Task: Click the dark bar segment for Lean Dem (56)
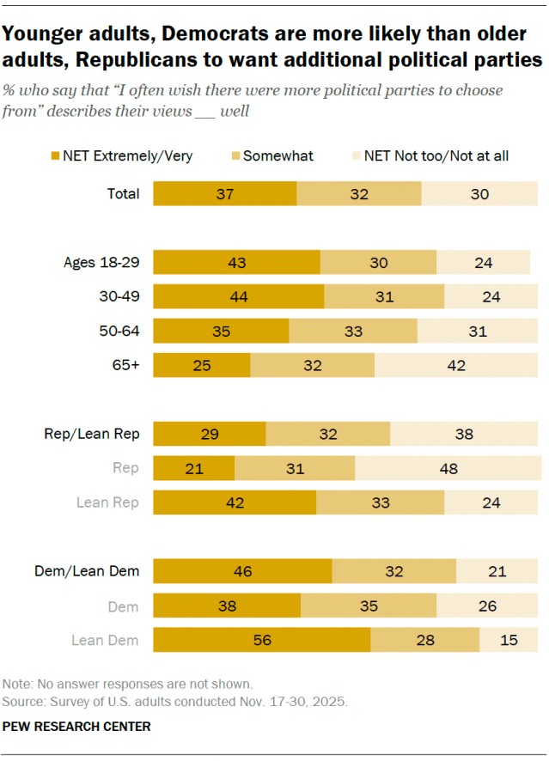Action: [261, 640]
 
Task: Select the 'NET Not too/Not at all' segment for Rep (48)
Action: [448, 468]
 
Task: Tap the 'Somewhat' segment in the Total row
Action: [358, 194]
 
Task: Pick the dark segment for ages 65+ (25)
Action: [201, 365]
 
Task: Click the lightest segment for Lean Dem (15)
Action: [509, 640]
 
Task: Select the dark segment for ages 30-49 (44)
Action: [238, 296]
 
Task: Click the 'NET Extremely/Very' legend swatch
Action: [57, 155]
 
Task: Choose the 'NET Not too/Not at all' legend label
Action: [436, 155]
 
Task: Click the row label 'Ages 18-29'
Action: [101, 263]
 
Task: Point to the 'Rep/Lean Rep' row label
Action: [92, 434]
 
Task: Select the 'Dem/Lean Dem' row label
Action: [87, 570]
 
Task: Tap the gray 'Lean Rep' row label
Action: [108, 502]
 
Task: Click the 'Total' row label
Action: [123, 194]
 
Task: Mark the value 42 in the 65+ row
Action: [456, 365]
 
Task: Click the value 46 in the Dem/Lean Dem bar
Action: [242, 570]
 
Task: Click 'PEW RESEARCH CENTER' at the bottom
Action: [76, 727]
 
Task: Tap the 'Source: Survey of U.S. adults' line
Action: [174, 701]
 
